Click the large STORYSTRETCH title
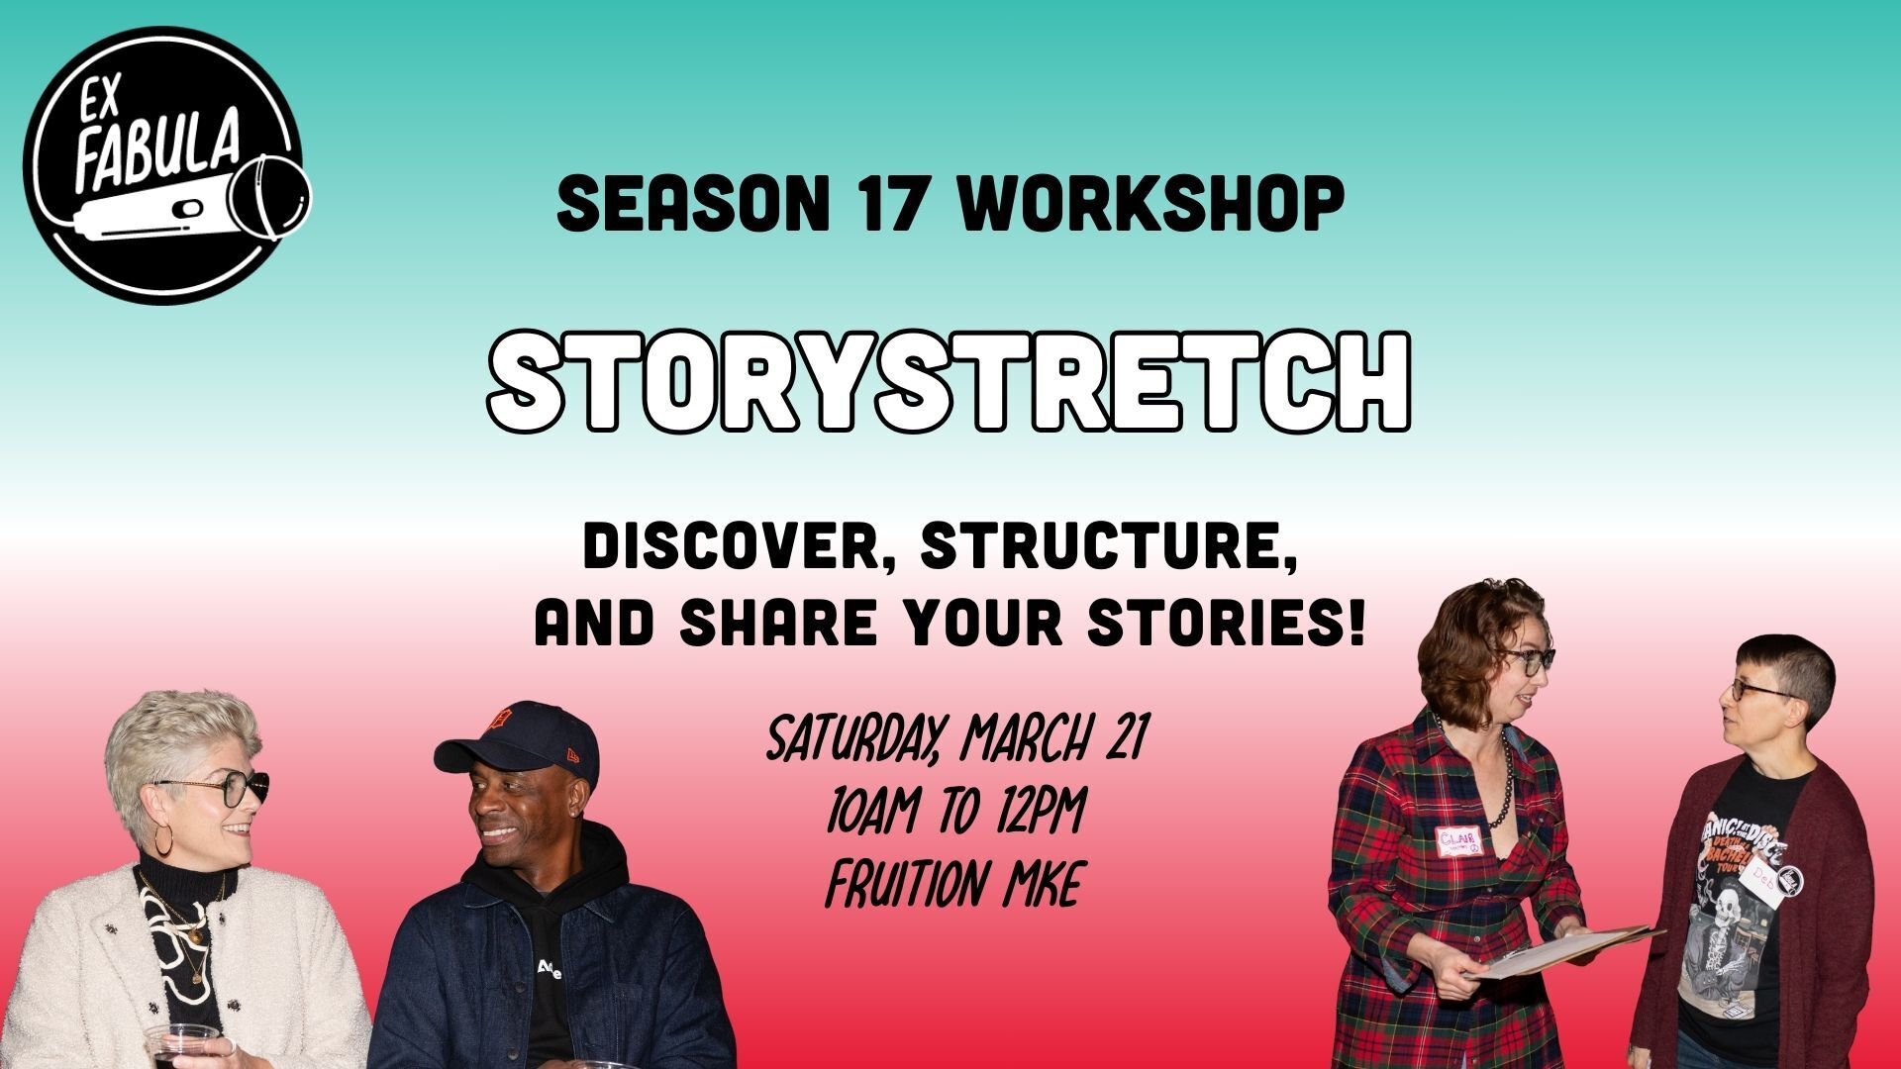949,384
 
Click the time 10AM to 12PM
954,813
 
